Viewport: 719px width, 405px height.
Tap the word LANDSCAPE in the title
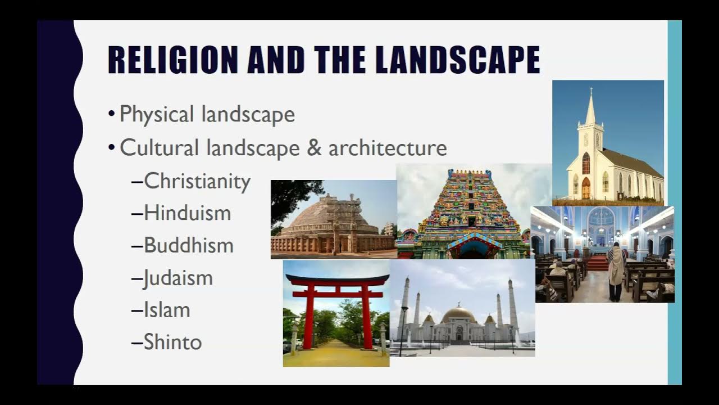pos(457,60)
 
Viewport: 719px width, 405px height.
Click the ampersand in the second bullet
pos(313,148)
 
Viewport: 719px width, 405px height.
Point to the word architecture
pos(388,148)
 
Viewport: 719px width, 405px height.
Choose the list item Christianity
pos(197,182)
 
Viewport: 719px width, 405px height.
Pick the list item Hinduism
pos(187,213)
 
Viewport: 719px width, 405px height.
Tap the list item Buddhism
pos(188,245)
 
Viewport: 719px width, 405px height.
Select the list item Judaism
pos(178,278)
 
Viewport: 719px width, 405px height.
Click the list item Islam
pos(167,310)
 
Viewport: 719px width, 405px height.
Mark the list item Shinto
pos(172,342)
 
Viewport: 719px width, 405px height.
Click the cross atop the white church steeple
pos(591,91)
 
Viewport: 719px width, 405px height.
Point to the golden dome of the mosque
pos(459,314)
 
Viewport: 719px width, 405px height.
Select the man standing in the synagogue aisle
pos(616,271)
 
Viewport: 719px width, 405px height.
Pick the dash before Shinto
pos(136,343)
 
